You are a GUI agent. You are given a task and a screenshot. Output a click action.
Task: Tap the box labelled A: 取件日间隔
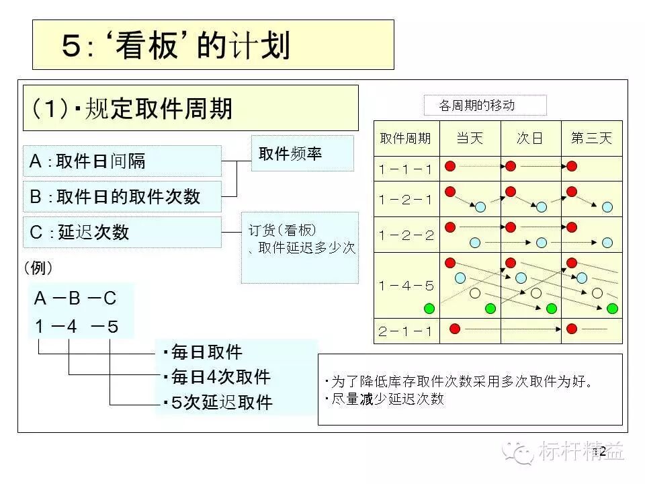pos(122,161)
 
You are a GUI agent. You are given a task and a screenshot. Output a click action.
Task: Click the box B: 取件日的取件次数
pos(122,196)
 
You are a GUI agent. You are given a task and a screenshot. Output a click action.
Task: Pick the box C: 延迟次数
pos(122,232)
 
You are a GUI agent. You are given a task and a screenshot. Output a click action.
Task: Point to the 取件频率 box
pos(302,154)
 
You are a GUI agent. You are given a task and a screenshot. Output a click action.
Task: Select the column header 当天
pos(470,138)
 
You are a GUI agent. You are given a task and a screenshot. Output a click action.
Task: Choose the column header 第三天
pos(591,138)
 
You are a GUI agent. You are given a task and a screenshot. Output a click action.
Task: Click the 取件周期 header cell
pos(406,138)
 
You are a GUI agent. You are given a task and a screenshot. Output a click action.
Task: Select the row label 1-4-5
pos(406,285)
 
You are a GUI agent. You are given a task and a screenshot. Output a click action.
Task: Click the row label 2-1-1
pos(406,331)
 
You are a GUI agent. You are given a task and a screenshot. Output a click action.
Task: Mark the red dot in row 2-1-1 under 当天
pos(455,329)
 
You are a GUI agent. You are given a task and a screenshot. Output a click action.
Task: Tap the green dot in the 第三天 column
pos(612,309)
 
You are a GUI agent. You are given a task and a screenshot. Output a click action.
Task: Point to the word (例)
pos(38,268)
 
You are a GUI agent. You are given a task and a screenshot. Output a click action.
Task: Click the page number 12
pos(599,451)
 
